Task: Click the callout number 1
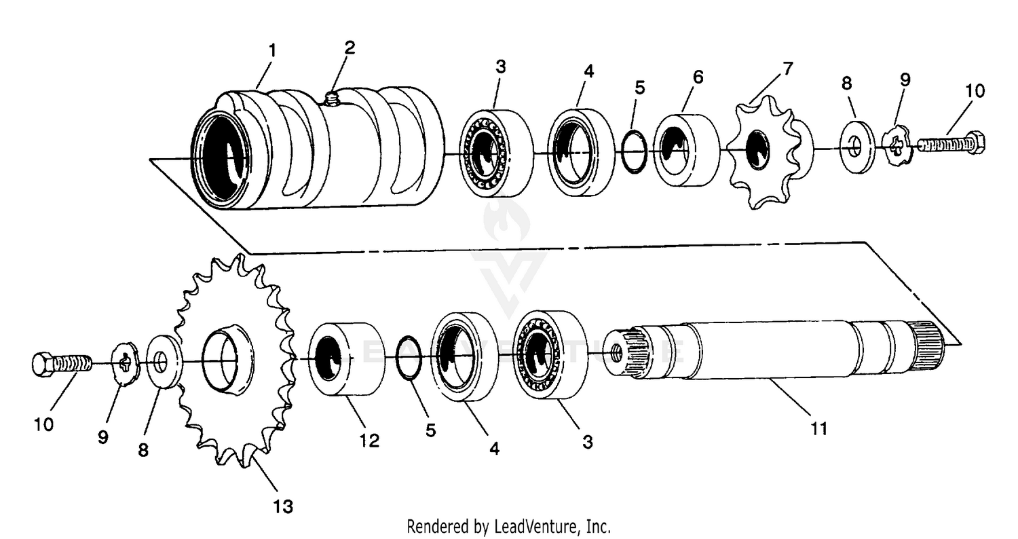[272, 50]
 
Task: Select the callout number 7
[787, 69]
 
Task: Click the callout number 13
[283, 506]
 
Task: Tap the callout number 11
[819, 428]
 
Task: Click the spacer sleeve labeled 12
[346, 359]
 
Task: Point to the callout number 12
[369, 440]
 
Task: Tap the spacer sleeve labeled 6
[687, 150]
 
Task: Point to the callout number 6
[698, 77]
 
